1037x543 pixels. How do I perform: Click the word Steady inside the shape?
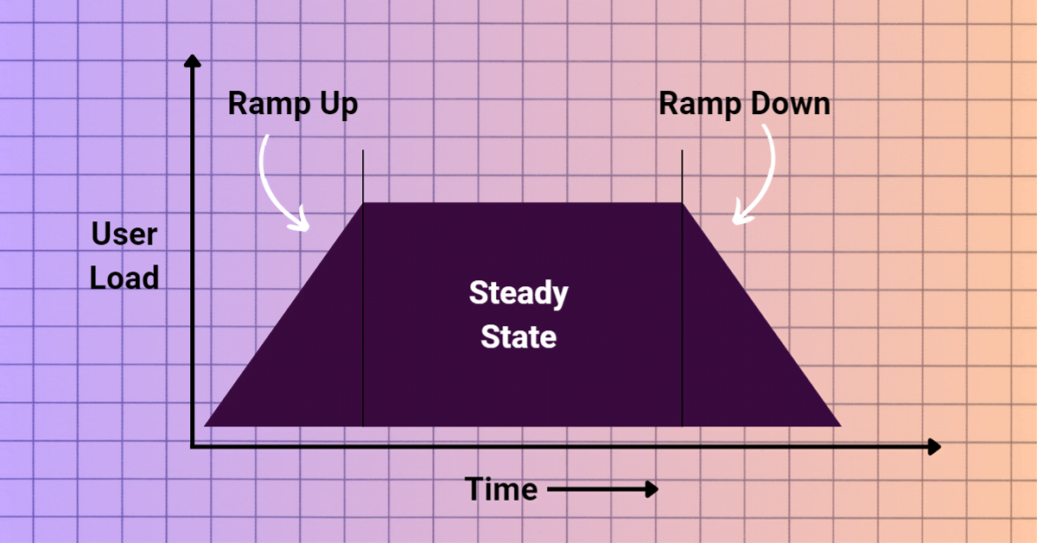click(x=518, y=294)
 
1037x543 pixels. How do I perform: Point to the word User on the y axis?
click(x=124, y=234)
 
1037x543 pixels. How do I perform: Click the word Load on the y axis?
click(x=124, y=278)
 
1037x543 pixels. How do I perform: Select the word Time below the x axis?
click(x=501, y=489)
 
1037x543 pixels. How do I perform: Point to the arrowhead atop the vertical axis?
click(x=194, y=62)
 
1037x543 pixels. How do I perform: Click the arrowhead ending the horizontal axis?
click(x=933, y=447)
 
